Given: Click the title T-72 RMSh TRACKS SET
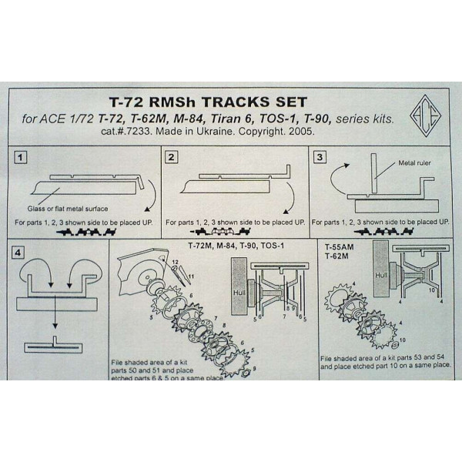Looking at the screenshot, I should click(x=199, y=102).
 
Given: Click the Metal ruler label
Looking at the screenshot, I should click(x=417, y=164).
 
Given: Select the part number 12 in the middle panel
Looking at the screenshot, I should click(x=176, y=262).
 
